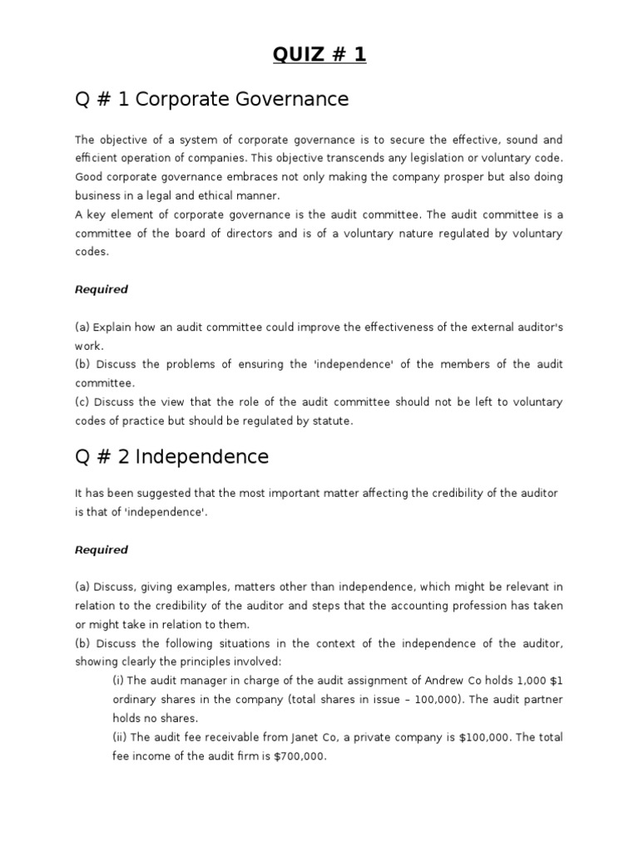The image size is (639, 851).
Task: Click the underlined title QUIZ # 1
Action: (x=319, y=56)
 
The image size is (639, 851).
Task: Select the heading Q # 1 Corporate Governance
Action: (x=211, y=100)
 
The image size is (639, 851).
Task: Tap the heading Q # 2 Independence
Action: (x=171, y=456)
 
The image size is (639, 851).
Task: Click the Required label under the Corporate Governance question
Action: (x=102, y=289)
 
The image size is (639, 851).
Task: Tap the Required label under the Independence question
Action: (x=102, y=549)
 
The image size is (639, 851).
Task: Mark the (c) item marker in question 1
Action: (x=82, y=402)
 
